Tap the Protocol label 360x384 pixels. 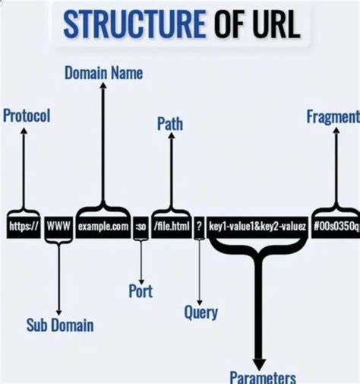click(x=26, y=116)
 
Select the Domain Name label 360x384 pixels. click(x=103, y=74)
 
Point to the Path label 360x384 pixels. click(x=169, y=123)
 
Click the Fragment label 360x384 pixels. click(x=333, y=116)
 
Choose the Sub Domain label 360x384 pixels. click(x=60, y=325)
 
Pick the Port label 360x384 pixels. click(x=141, y=290)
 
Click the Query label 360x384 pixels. click(x=201, y=312)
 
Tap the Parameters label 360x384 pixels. click(x=262, y=376)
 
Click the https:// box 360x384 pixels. click(x=24, y=226)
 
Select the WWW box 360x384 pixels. click(x=58, y=226)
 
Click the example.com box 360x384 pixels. click(x=103, y=226)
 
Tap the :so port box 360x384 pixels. click(x=141, y=226)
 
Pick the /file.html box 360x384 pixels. click(x=169, y=226)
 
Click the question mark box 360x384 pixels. click(x=198, y=226)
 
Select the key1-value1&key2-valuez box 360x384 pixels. click(x=257, y=226)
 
